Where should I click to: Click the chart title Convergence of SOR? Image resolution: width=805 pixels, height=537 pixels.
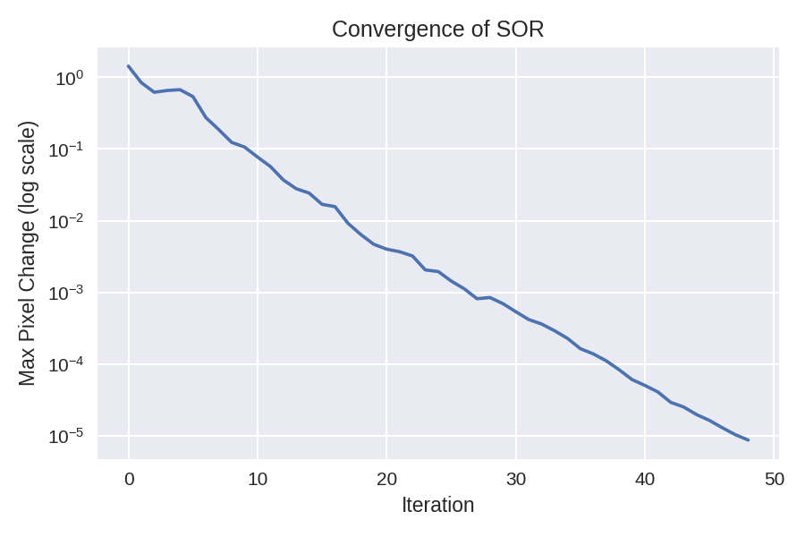[437, 30]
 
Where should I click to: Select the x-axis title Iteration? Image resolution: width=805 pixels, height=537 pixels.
[437, 505]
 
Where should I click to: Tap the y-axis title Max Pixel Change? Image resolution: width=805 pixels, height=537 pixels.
[28, 253]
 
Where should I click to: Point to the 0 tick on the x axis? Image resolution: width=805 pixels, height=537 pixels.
[129, 479]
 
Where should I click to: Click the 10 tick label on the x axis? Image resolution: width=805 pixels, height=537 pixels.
[258, 479]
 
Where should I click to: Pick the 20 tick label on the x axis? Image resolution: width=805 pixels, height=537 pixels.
[386, 479]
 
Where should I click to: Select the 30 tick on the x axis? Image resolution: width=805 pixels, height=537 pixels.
[516, 479]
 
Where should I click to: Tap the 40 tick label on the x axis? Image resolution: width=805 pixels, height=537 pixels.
[645, 479]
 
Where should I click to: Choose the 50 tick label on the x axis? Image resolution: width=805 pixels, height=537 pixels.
[774, 479]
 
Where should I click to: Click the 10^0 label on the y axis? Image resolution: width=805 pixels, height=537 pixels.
[69, 79]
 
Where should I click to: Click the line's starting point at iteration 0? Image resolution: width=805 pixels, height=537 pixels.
[129, 66]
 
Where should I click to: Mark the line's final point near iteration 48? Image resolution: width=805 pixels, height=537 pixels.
[748, 439]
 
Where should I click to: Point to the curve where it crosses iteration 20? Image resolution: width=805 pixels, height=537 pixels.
[386, 249]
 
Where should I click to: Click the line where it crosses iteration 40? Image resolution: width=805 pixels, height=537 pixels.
[645, 385]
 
